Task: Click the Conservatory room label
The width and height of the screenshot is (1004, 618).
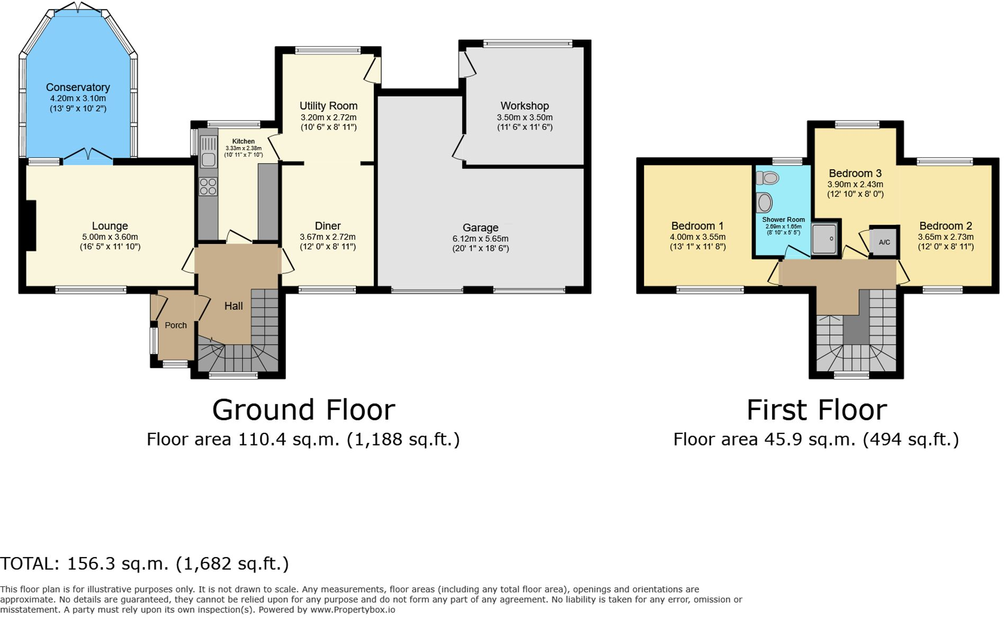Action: click(x=78, y=87)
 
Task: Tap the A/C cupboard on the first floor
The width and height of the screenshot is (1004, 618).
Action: click(x=884, y=242)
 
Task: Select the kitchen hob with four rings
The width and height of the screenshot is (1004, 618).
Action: click(x=208, y=187)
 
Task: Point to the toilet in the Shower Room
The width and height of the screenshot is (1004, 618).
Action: click(x=768, y=178)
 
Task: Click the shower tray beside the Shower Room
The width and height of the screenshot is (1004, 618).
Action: click(x=824, y=239)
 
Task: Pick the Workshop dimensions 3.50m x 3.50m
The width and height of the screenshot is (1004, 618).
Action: click(x=524, y=117)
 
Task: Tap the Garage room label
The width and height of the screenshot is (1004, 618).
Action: click(x=480, y=228)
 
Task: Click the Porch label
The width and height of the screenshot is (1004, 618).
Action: click(x=176, y=325)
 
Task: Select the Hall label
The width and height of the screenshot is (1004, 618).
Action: click(x=234, y=306)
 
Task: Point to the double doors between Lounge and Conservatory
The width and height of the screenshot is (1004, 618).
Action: click(x=88, y=155)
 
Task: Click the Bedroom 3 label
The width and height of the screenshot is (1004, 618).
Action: click(x=855, y=173)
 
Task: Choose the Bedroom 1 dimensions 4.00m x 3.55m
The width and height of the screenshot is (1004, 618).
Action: click(x=697, y=237)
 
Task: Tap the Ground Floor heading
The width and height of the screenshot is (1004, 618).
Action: click(x=303, y=410)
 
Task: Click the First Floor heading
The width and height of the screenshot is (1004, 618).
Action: click(x=816, y=410)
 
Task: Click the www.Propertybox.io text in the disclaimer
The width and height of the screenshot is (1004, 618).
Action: click(x=353, y=610)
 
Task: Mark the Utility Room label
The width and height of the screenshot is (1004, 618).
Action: click(x=328, y=106)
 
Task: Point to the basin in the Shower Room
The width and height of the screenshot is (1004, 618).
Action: click(x=764, y=203)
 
